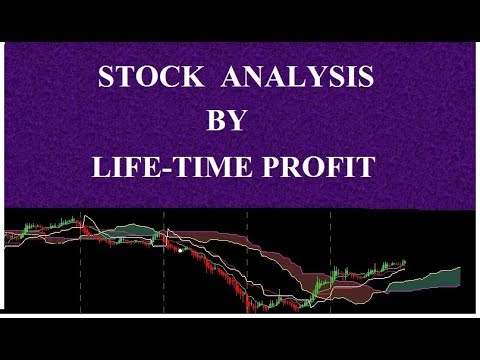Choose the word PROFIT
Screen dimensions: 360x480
pyautogui.click(x=323, y=166)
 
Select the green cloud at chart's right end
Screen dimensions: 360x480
pyautogui.click(x=440, y=278)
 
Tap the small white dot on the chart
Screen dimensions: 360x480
pyautogui.click(x=179, y=250)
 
